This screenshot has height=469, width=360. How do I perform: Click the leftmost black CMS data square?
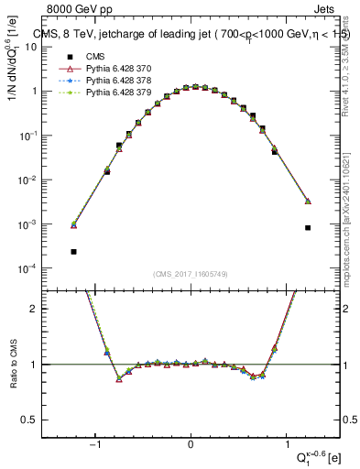coord(73,251)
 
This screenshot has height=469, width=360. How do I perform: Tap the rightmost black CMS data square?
coord(308,227)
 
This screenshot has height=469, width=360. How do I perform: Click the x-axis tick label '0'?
coord(191,446)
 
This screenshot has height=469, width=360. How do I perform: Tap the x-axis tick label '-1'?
coord(95,446)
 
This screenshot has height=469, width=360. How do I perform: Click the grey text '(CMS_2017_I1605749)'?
coord(191,275)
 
